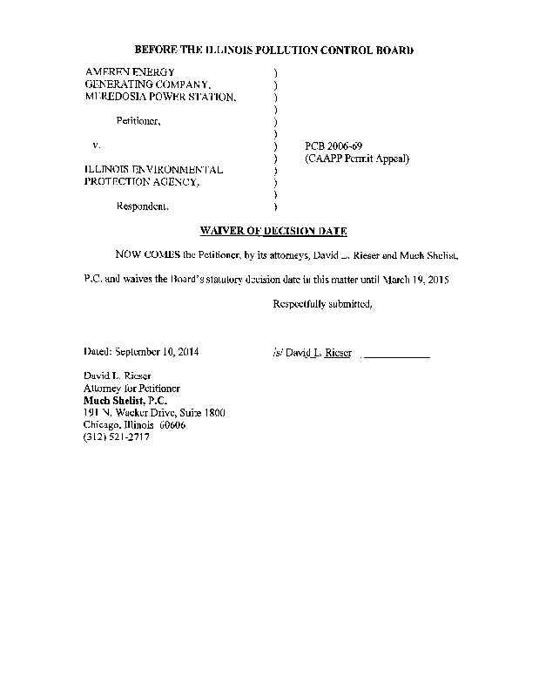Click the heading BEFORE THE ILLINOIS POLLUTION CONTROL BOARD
coord(273,51)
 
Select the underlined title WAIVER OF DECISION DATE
coord(273,231)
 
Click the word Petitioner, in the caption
coord(138,121)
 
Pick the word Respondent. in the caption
coord(144,207)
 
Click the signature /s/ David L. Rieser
coord(312,353)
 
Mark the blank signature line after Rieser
coord(395,355)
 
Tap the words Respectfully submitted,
coord(322,304)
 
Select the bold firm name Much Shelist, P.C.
coord(125,400)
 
